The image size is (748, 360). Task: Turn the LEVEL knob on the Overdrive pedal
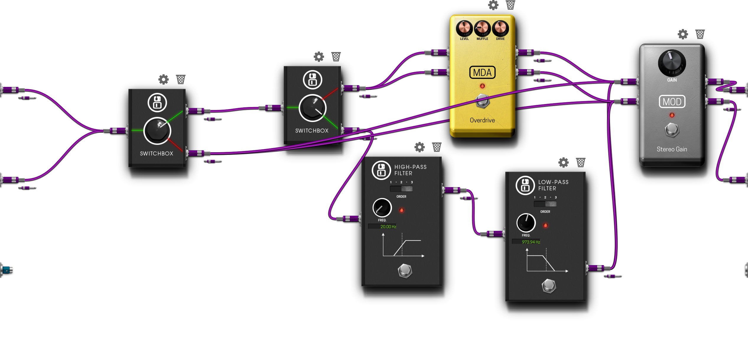(x=464, y=28)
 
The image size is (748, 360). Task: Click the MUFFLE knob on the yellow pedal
(x=482, y=28)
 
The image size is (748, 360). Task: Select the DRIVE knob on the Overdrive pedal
(x=500, y=28)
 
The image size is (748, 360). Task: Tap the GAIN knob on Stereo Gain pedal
(x=672, y=63)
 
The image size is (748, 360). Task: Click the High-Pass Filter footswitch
(x=405, y=270)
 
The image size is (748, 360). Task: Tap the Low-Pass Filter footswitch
(x=549, y=286)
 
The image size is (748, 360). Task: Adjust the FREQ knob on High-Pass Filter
(x=382, y=208)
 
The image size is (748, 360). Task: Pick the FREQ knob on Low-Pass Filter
(x=526, y=223)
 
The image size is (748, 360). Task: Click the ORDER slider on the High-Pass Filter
(x=401, y=189)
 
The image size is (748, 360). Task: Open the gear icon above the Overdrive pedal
(x=493, y=5)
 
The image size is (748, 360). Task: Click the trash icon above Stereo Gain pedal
(x=700, y=34)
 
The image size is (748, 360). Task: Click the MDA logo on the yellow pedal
(x=482, y=72)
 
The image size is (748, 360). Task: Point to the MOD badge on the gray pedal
(x=672, y=102)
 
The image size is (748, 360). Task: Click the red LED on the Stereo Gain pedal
(x=672, y=115)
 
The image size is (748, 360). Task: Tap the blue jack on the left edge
(x=6, y=270)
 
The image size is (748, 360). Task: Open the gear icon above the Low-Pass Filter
(x=563, y=162)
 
